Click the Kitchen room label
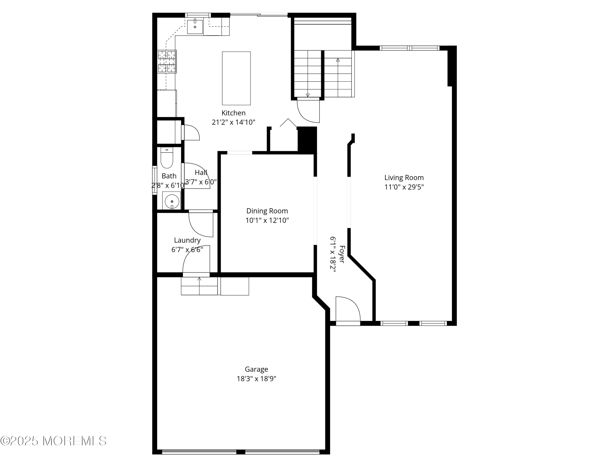pyautogui.click(x=233, y=113)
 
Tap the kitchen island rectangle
pyautogui.click(x=236, y=78)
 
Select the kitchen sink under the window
pyautogui.click(x=195, y=27)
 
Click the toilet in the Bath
pyautogui.click(x=167, y=158)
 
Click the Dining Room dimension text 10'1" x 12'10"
pyautogui.click(x=267, y=220)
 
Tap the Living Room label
pyautogui.click(x=404, y=178)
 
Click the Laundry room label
pyautogui.click(x=187, y=240)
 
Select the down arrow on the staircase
pyautogui.click(x=308, y=95)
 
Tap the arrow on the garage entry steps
pyautogui.click(x=199, y=279)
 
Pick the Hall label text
pyautogui.click(x=201, y=173)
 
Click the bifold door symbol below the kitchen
pyautogui.click(x=288, y=123)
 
